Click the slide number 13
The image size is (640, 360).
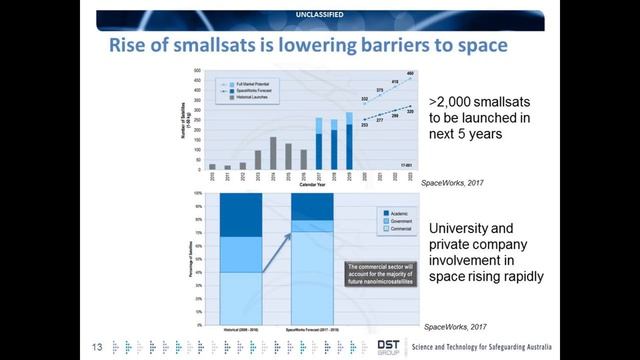coord(98,346)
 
